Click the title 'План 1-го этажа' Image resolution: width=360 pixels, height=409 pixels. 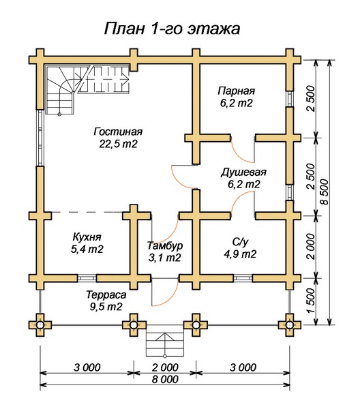[x=172, y=29]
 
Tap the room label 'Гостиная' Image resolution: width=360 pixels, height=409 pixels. [x=118, y=132]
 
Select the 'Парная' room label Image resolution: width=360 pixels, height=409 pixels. [x=236, y=91]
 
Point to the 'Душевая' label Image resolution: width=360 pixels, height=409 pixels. [x=243, y=172]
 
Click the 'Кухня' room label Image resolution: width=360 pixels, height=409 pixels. [x=87, y=237]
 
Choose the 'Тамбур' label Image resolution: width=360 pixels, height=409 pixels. [x=165, y=245]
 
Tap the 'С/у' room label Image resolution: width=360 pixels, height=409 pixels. [x=240, y=242]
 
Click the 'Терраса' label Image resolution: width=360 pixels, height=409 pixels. [x=106, y=294]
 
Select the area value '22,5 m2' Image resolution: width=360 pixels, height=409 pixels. [x=118, y=144]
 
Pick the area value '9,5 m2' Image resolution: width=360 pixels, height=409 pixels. [x=106, y=307]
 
